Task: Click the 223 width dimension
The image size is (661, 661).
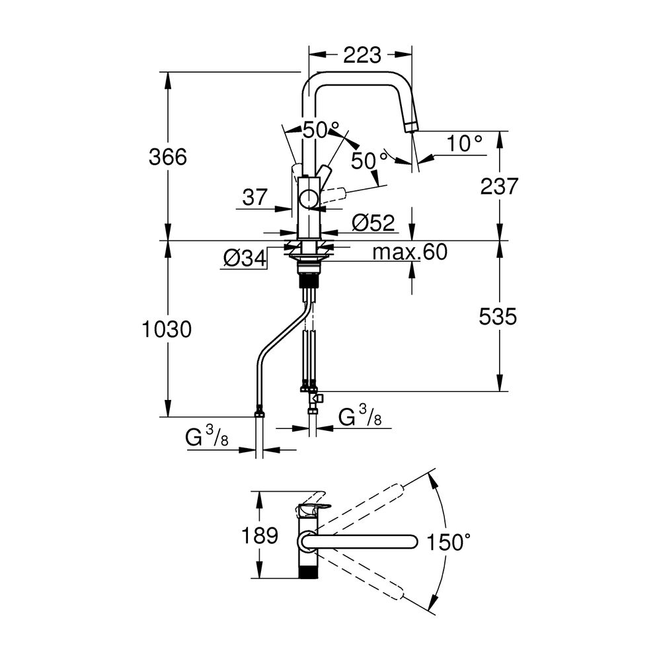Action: point(362,56)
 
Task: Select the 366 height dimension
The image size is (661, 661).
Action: point(168,157)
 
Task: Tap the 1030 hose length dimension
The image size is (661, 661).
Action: point(167,329)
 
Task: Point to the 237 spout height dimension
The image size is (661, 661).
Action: point(499,186)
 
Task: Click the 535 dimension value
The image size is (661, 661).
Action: point(498,317)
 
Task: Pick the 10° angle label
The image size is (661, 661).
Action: point(464,143)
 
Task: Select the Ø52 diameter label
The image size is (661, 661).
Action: point(373,223)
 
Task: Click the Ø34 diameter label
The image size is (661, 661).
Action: point(245,258)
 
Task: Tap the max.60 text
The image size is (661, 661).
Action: point(410,252)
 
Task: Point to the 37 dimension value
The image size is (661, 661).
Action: point(255,197)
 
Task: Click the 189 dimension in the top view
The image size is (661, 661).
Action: point(260,535)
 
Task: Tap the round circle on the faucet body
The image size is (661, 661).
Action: point(310,198)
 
